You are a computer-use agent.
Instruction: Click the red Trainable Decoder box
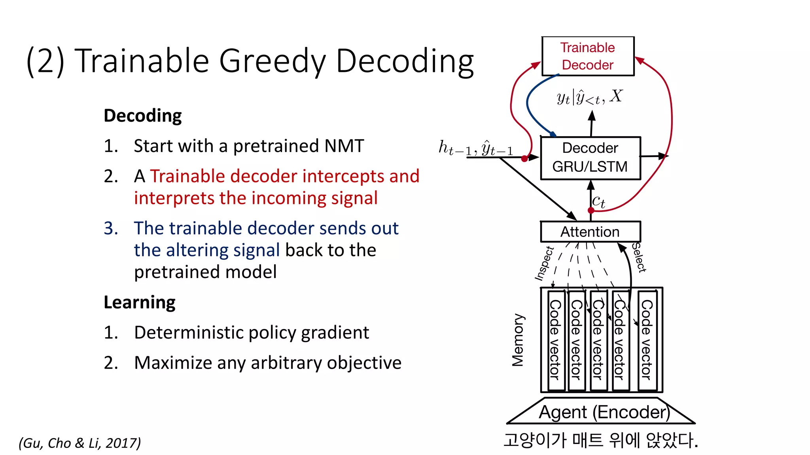click(588, 56)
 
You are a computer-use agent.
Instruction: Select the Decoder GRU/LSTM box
click(590, 158)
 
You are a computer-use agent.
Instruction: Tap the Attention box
click(590, 232)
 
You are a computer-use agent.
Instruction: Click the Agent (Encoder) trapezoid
click(601, 412)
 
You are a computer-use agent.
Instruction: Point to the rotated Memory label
click(518, 340)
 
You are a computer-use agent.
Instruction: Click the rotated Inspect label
click(544, 263)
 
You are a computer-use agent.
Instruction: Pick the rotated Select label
click(638, 258)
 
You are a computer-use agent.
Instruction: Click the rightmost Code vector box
click(647, 340)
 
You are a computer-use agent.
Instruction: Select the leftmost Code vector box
click(556, 340)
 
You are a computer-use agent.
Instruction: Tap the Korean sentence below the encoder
click(601, 440)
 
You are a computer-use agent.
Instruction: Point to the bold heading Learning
click(139, 303)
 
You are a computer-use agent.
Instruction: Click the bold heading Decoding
click(142, 116)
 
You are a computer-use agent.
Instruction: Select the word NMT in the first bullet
click(344, 146)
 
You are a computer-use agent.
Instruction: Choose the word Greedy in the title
click(273, 61)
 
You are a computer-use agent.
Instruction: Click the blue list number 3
click(111, 228)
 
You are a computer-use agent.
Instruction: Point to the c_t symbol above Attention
click(598, 201)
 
